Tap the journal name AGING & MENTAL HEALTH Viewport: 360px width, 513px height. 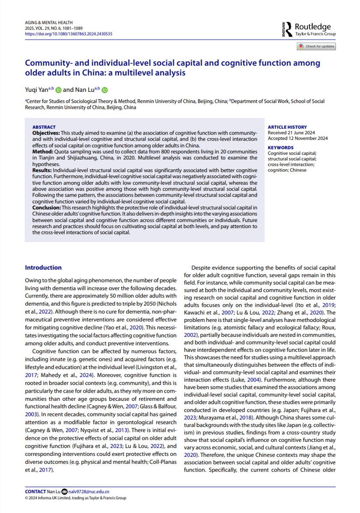pos(49,22)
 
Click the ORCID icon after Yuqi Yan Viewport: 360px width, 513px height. pos(59,90)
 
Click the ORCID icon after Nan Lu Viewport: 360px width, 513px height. pos(104,90)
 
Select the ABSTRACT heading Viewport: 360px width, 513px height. pos(44,127)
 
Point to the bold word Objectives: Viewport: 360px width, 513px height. pos(46,133)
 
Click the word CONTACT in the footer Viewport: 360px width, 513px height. pos(36,491)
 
